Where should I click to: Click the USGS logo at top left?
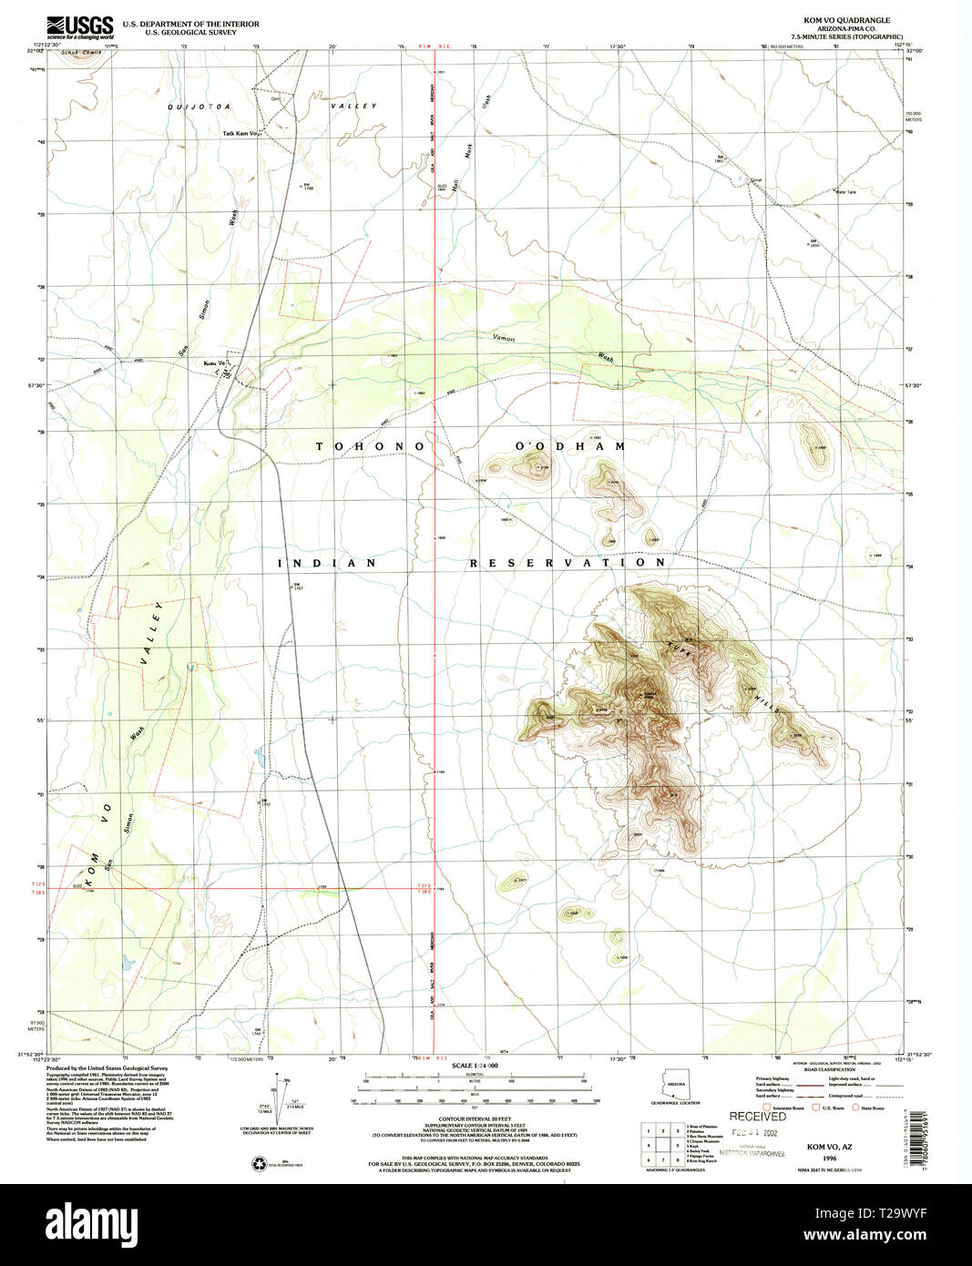click(x=81, y=26)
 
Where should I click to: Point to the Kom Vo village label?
click(x=214, y=365)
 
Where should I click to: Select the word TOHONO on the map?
click(x=371, y=446)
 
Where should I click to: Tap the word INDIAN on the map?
click(x=326, y=563)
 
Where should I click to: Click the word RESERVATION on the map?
click(x=568, y=563)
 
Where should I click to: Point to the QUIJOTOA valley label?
click(x=199, y=107)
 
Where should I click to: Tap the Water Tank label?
click(x=846, y=191)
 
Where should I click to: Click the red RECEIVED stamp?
click(x=757, y=1116)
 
